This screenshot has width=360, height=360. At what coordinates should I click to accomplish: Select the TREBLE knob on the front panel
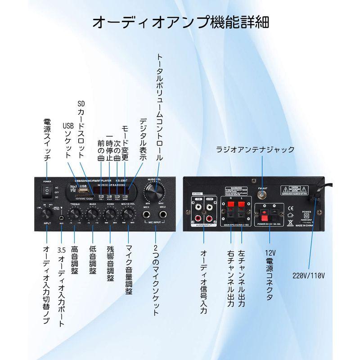click(74, 214)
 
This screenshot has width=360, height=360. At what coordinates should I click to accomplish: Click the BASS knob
click(92, 214)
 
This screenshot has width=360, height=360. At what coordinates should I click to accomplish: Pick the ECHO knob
click(110, 214)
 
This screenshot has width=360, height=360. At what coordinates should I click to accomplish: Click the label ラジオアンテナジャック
click(255, 149)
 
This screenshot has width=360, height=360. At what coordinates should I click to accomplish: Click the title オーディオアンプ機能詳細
click(180, 22)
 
